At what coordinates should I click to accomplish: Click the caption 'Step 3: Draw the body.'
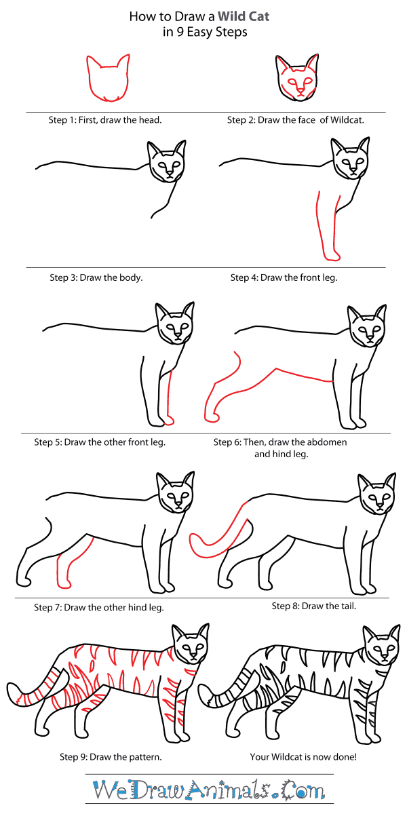click(96, 277)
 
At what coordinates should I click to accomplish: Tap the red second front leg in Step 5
click(169, 400)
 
